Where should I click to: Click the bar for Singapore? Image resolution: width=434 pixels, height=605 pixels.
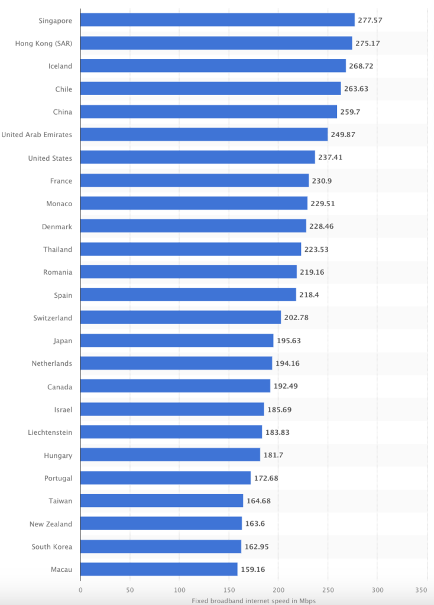[x=217, y=20]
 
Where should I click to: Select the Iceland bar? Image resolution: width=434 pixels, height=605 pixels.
[x=213, y=66]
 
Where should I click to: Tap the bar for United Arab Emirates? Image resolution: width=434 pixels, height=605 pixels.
[x=203, y=135]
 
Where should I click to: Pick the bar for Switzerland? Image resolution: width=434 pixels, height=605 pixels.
[x=180, y=317]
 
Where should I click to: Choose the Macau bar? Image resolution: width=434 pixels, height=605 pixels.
[x=158, y=570]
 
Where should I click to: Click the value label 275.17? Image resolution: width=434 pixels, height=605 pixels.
[x=367, y=43]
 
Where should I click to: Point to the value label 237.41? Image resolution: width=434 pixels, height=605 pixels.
[x=331, y=158]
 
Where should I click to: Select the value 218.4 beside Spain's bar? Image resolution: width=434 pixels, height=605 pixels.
[x=309, y=295]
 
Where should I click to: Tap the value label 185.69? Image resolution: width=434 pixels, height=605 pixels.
[x=279, y=409]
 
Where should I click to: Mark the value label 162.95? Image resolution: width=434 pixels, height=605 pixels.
[x=257, y=547]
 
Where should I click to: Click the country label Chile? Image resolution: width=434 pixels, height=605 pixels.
[x=63, y=89]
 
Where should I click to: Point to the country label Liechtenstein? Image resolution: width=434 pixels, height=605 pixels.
[x=50, y=432]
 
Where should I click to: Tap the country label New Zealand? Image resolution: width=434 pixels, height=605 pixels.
[x=51, y=524]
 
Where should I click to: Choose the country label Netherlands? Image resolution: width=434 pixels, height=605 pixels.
[x=52, y=363]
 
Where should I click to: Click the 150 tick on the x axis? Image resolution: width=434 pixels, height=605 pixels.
[x=229, y=590]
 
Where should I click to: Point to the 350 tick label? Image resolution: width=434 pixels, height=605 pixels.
[x=421, y=590]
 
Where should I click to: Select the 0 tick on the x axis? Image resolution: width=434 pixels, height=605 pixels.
[x=80, y=590]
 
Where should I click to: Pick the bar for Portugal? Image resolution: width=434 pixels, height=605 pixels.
[x=166, y=478]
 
